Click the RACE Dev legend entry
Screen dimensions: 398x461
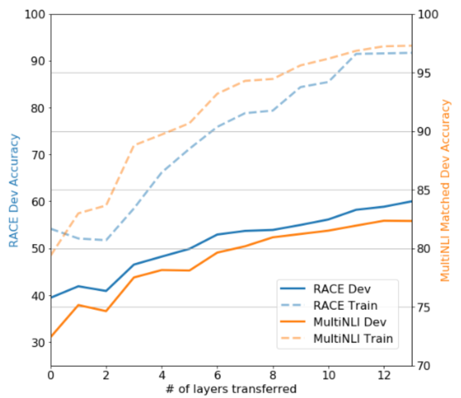click(342, 289)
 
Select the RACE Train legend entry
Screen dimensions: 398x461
click(345, 305)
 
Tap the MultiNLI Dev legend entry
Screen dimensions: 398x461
click(349, 322)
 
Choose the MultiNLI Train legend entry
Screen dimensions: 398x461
click(353, 339)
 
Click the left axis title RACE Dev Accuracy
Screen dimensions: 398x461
click(14, 190)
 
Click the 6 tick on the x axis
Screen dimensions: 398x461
click(218, 375)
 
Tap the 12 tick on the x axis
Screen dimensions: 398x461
click(384, 375)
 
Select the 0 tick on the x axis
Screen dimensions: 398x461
click(51, 375)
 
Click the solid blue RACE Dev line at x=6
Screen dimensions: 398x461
click(218, 234)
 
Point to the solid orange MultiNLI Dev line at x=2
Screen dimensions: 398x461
click(106, 311)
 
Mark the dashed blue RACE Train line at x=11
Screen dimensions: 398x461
click(356, 54)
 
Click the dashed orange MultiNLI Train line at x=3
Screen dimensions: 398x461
click(134, 145)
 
